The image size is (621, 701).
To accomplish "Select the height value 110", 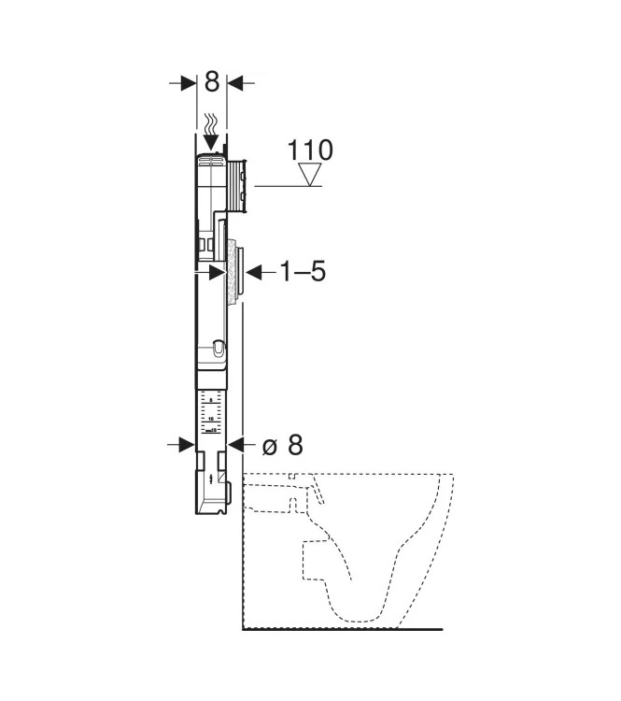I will click(x=309, y=150).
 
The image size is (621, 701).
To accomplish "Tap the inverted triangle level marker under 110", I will click(x=309, y=175).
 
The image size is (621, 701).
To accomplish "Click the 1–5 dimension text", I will click(x=303, y=272).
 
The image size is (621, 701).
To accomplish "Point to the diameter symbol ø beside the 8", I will click(x=269, y=446).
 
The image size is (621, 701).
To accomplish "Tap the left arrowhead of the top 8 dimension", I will click(x=185, y=83).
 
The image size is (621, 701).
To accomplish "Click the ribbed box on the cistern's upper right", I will click(x=237, y=183).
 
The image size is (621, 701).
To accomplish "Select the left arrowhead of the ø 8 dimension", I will click(x=186, y=446).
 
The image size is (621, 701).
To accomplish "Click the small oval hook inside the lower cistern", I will click(x=218, y=349).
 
